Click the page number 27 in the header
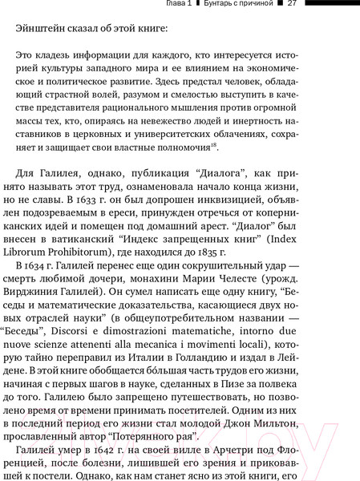pos(293,6)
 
